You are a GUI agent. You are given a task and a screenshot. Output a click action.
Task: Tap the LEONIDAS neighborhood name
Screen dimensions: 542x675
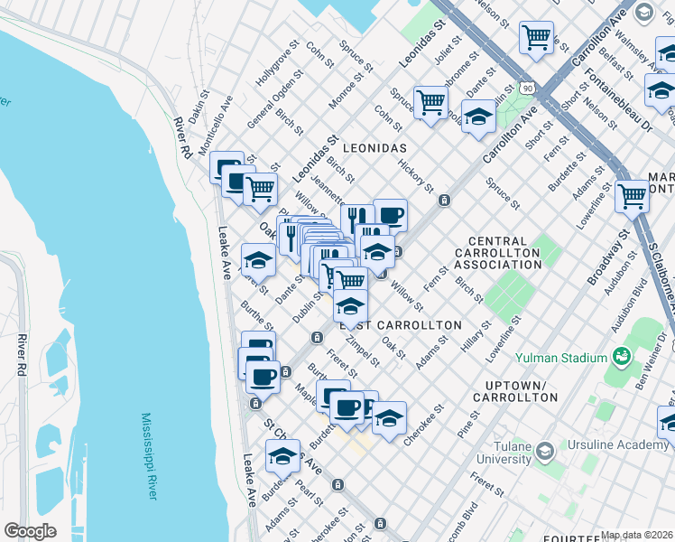374,147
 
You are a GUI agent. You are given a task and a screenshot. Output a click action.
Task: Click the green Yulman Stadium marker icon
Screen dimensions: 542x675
621,355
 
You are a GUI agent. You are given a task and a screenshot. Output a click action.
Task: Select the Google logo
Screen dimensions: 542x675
30,530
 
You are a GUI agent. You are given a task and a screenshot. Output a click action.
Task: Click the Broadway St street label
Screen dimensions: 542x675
606,258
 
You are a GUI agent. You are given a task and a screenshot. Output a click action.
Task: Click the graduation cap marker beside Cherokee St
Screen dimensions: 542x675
389,418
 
